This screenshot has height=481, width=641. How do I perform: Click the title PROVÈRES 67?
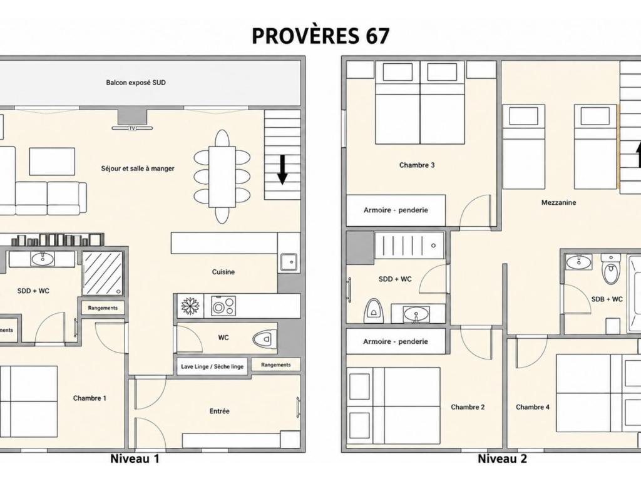[320, 36]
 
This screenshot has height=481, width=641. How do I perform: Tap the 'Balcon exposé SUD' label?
[136, 83]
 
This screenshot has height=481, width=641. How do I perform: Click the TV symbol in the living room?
[132, 128]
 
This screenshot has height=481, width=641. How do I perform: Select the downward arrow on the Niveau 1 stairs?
[282, 170]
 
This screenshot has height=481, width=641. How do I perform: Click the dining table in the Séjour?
[222, 177]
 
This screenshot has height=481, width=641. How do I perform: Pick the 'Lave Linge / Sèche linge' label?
[212, 366]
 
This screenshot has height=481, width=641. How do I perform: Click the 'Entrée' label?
[220, 411]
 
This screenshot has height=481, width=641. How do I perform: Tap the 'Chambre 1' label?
[90, 398]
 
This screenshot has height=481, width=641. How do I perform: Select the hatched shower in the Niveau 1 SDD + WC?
[103, 273]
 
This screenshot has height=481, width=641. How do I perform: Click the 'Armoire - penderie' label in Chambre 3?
[396, 210]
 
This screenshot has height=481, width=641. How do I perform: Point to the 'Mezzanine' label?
[558, 202]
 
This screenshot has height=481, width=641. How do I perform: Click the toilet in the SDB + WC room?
[611, 268]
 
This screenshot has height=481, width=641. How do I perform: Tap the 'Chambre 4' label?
[533, 407]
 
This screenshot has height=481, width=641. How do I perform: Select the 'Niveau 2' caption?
[503, 458]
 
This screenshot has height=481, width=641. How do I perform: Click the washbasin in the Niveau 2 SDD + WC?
[416, 314]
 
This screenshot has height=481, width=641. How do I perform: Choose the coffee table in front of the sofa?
[52, 162]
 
